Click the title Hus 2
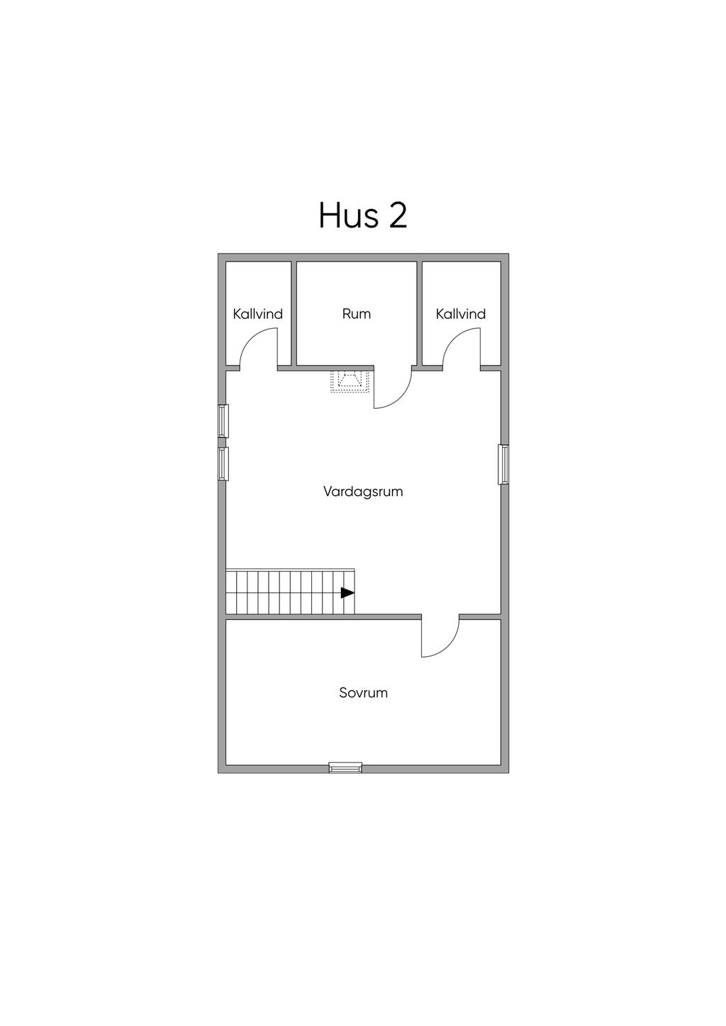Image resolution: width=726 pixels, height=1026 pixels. pos(362,215)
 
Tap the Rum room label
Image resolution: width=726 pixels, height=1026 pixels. pos(356,314)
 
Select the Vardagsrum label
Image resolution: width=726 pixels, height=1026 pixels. pos(363,491)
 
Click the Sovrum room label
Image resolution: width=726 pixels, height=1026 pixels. pos(363,693)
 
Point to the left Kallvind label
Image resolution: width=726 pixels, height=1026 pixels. pos(258,314)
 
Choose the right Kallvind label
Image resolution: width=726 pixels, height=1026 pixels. pos(461,314)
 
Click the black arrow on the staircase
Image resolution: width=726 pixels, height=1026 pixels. pos(347,593)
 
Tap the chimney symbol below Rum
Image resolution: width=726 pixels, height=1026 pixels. pos(350,381)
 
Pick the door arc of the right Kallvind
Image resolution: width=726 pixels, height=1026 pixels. pos(461,351)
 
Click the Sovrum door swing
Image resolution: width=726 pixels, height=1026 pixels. pos(440,638)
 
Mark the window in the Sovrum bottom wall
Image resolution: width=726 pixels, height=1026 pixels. pos(345,767)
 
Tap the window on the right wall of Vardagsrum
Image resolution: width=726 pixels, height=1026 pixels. pos(503,464)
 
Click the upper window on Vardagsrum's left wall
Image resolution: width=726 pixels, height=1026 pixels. pos(223,421)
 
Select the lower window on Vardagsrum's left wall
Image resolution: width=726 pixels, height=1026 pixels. pos(223,463)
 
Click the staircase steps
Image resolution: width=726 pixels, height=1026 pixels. pos(284,592)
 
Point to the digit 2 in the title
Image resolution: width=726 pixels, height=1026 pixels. pos(398,215)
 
